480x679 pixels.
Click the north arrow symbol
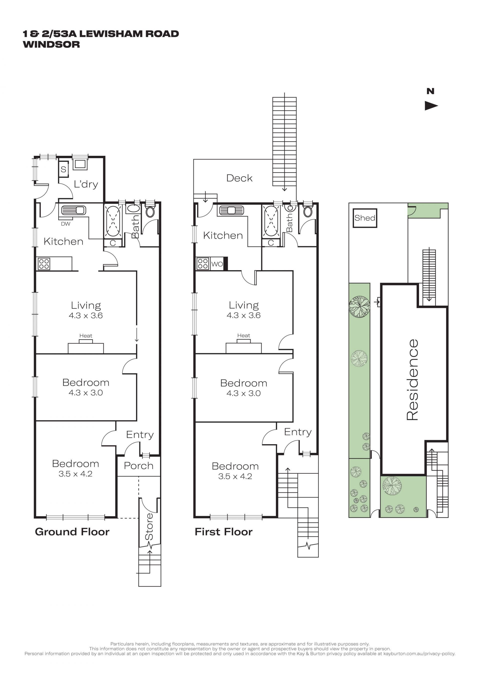431,106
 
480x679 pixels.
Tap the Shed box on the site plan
365,218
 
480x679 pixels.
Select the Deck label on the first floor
239,178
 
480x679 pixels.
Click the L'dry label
86,184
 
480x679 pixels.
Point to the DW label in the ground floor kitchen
65,224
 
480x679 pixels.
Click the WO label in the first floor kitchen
217,264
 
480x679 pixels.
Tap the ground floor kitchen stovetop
44,264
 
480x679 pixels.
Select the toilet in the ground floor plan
150,212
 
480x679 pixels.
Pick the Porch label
138,466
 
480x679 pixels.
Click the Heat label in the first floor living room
243,335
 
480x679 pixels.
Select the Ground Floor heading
72,532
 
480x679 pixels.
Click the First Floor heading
223,532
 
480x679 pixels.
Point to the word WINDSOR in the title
51,44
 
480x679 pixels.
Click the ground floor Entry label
140,435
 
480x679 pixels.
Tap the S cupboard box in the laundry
63,169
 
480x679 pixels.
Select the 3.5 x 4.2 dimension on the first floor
235,476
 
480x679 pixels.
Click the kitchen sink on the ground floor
73,210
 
